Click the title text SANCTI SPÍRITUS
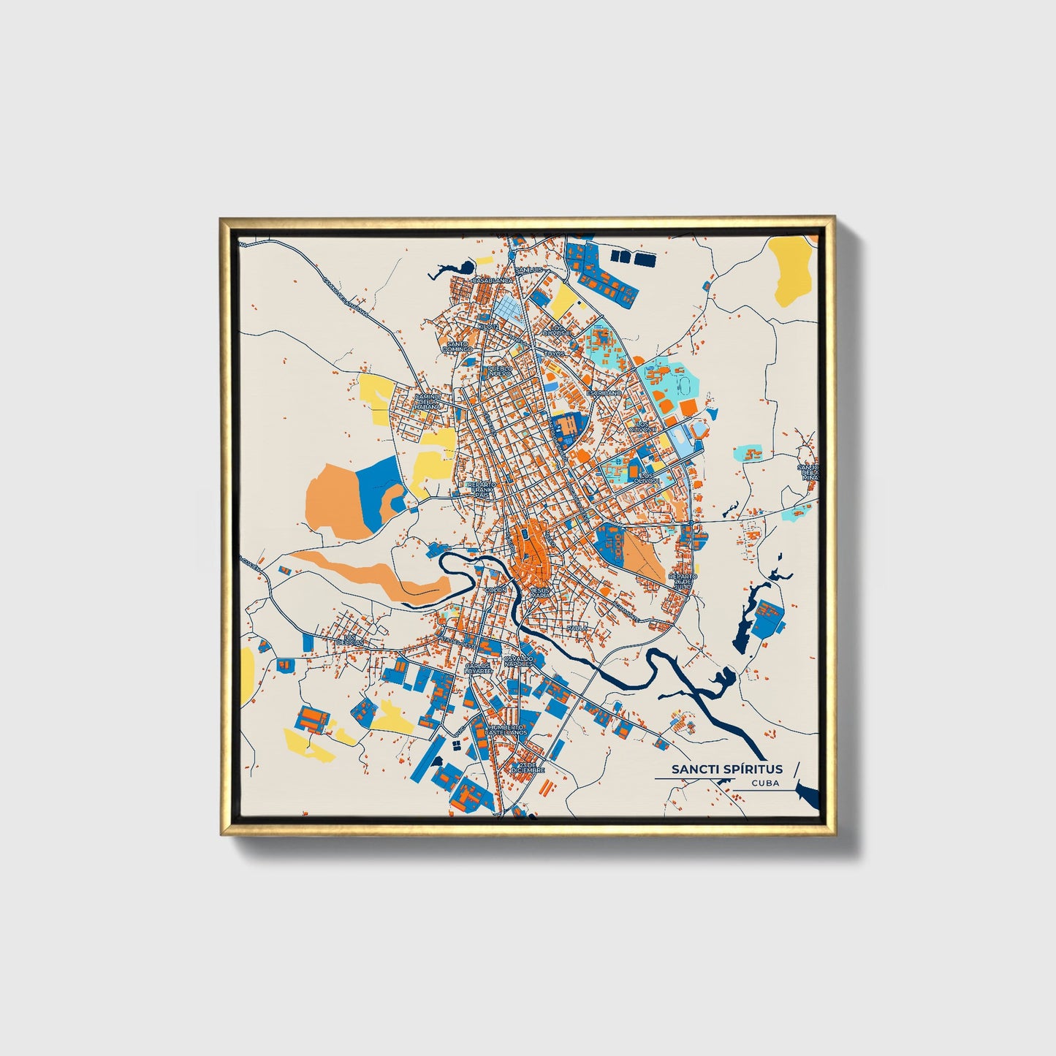click(x=727, y=769)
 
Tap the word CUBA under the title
click(x=764, y=783)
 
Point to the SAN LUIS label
click(x=530, y=270)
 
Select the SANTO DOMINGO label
click(x=457, y=347)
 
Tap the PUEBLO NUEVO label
click(x=500, y=371)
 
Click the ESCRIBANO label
click(x=604, y=392)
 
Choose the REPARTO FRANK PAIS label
click(x=481, y=490)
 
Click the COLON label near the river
click(x=495, y=589)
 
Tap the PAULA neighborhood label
click(x=577, y=628)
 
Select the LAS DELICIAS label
click(x=354, y=641)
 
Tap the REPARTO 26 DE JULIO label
click(x=682, y=582)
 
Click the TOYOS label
click(x=555, y=353)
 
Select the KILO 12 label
click(x=487, y=326)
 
